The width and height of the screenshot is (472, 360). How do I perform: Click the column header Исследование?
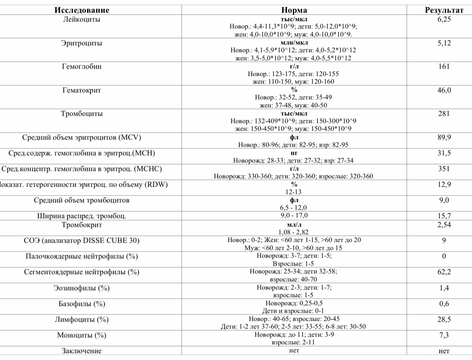82,10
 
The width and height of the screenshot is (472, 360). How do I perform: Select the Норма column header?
294,10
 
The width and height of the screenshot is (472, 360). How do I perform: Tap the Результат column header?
444,10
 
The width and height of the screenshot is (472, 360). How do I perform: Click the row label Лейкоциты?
82,19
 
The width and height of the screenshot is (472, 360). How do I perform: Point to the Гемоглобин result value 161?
444,67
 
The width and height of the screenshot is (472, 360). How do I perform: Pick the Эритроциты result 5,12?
444,43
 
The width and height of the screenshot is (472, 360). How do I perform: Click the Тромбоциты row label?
82,114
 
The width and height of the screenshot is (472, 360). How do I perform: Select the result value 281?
444,114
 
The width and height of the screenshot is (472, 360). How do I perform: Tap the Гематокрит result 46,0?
444,90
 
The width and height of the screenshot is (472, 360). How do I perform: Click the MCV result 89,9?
444,137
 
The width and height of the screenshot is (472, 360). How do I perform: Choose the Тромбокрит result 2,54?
444,225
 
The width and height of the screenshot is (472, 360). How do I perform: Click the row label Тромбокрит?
82,225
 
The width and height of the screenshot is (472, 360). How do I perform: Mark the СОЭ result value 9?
444,241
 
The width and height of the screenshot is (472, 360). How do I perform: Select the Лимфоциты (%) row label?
82,320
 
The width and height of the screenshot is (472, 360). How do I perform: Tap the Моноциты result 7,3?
444,335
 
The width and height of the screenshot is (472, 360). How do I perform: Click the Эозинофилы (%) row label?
82,288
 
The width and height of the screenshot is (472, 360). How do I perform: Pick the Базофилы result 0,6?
444,304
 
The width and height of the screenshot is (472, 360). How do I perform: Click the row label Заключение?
82,351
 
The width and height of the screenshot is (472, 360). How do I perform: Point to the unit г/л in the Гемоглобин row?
294,67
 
